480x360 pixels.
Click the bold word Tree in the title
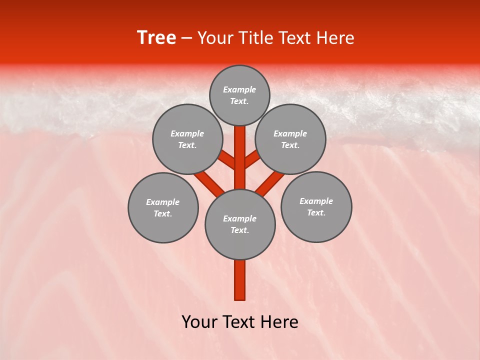click(156, 38)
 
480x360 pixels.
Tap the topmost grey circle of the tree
click(239, 95)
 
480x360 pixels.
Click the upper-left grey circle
click(187, 139)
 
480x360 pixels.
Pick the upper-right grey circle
click(290, 139)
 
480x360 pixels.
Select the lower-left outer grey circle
click(163, 207)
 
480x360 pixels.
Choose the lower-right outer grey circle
click(316, 206)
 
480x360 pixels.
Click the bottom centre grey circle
click(240, 224)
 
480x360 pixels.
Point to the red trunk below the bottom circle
click(240, 280)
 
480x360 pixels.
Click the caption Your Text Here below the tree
click(240, 322)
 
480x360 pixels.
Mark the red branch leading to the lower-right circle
click(270, 182)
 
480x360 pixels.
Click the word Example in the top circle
click(239, 89)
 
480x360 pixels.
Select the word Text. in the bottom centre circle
click(239, 230)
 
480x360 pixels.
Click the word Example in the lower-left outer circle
click(162, 202)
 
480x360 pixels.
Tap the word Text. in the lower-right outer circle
click(316, 212)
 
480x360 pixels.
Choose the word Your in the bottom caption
click(199, 322)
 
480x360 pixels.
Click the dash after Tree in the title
click(186, 38)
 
